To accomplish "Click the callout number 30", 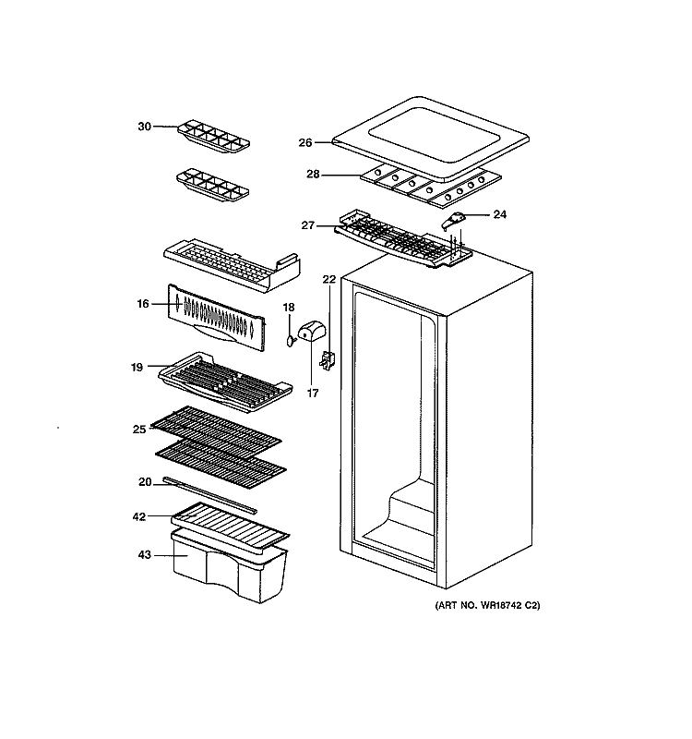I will click(x=144, y=127).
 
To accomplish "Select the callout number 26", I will click(x=305, y=143).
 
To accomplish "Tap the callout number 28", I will click(x=313, y=174).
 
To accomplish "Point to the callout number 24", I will click(x=500, y=215).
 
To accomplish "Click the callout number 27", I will click(x=308, y=224).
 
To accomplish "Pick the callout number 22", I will click(x=329, y=279).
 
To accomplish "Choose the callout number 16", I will click(x=143, y=303).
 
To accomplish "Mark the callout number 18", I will click(x=289, y=308).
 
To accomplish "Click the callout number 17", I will click(x=312, y=392).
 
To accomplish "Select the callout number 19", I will click(x=137, y=367).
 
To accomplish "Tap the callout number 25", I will click(x=139, y=428).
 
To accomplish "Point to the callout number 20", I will click(x=145, y=481).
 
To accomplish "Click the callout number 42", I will click(x=139, y=516).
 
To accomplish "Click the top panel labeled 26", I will click(x=429, y=134).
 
